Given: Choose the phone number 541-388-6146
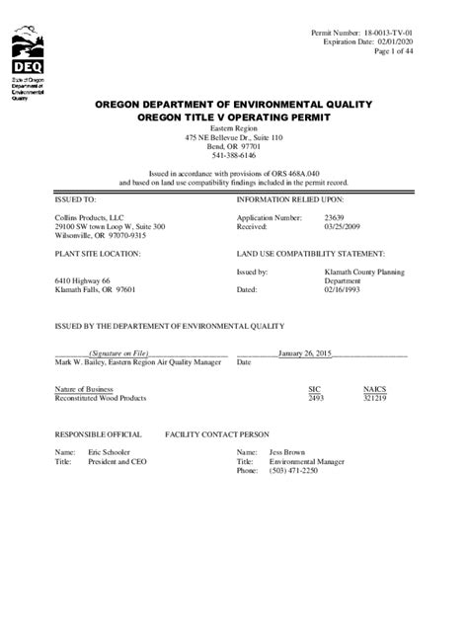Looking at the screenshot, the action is pyautogui.click(x=233, y=155).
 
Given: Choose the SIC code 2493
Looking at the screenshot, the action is pyautogui.click(x=316, y=398).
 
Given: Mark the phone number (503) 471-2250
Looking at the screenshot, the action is pyautogui.click(x=294, y=470).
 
